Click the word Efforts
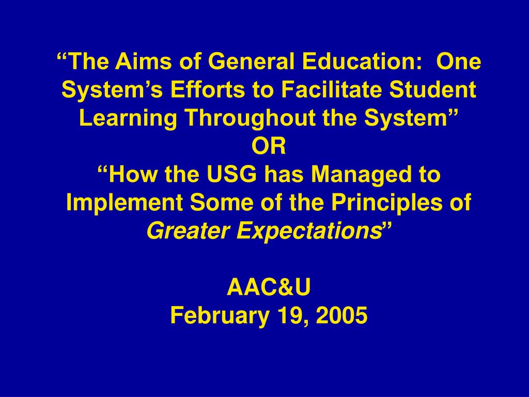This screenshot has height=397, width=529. (208, 89)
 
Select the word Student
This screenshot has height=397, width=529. (432, 89)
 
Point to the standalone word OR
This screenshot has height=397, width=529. (269, 146)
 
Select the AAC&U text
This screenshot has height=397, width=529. (269, 287)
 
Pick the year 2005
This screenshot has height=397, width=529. (341, 315)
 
